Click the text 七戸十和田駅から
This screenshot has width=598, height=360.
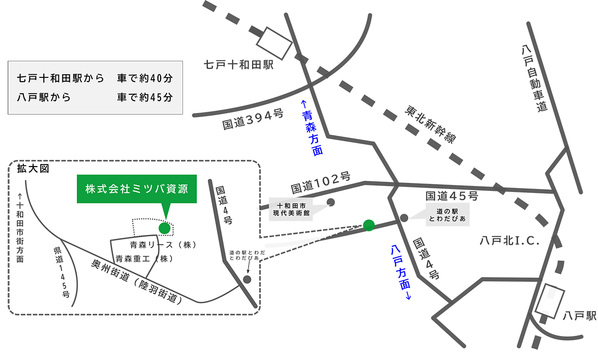pyautogui.click(x=60, y=78)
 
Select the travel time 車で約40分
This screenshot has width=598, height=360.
pyautogui.click(x=145, y=78)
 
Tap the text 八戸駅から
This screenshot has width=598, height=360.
pyautogui.click(x=43, y=97)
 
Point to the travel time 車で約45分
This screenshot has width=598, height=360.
pyautogui.click(x=145, y=97)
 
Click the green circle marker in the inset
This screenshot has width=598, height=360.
pyautogui.click(x=164, y=228)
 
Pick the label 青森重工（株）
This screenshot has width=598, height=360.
pyautogui.click(x=144, y=259)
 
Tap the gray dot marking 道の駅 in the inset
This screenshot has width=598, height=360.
pyautogui.click(x=247, y=279)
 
